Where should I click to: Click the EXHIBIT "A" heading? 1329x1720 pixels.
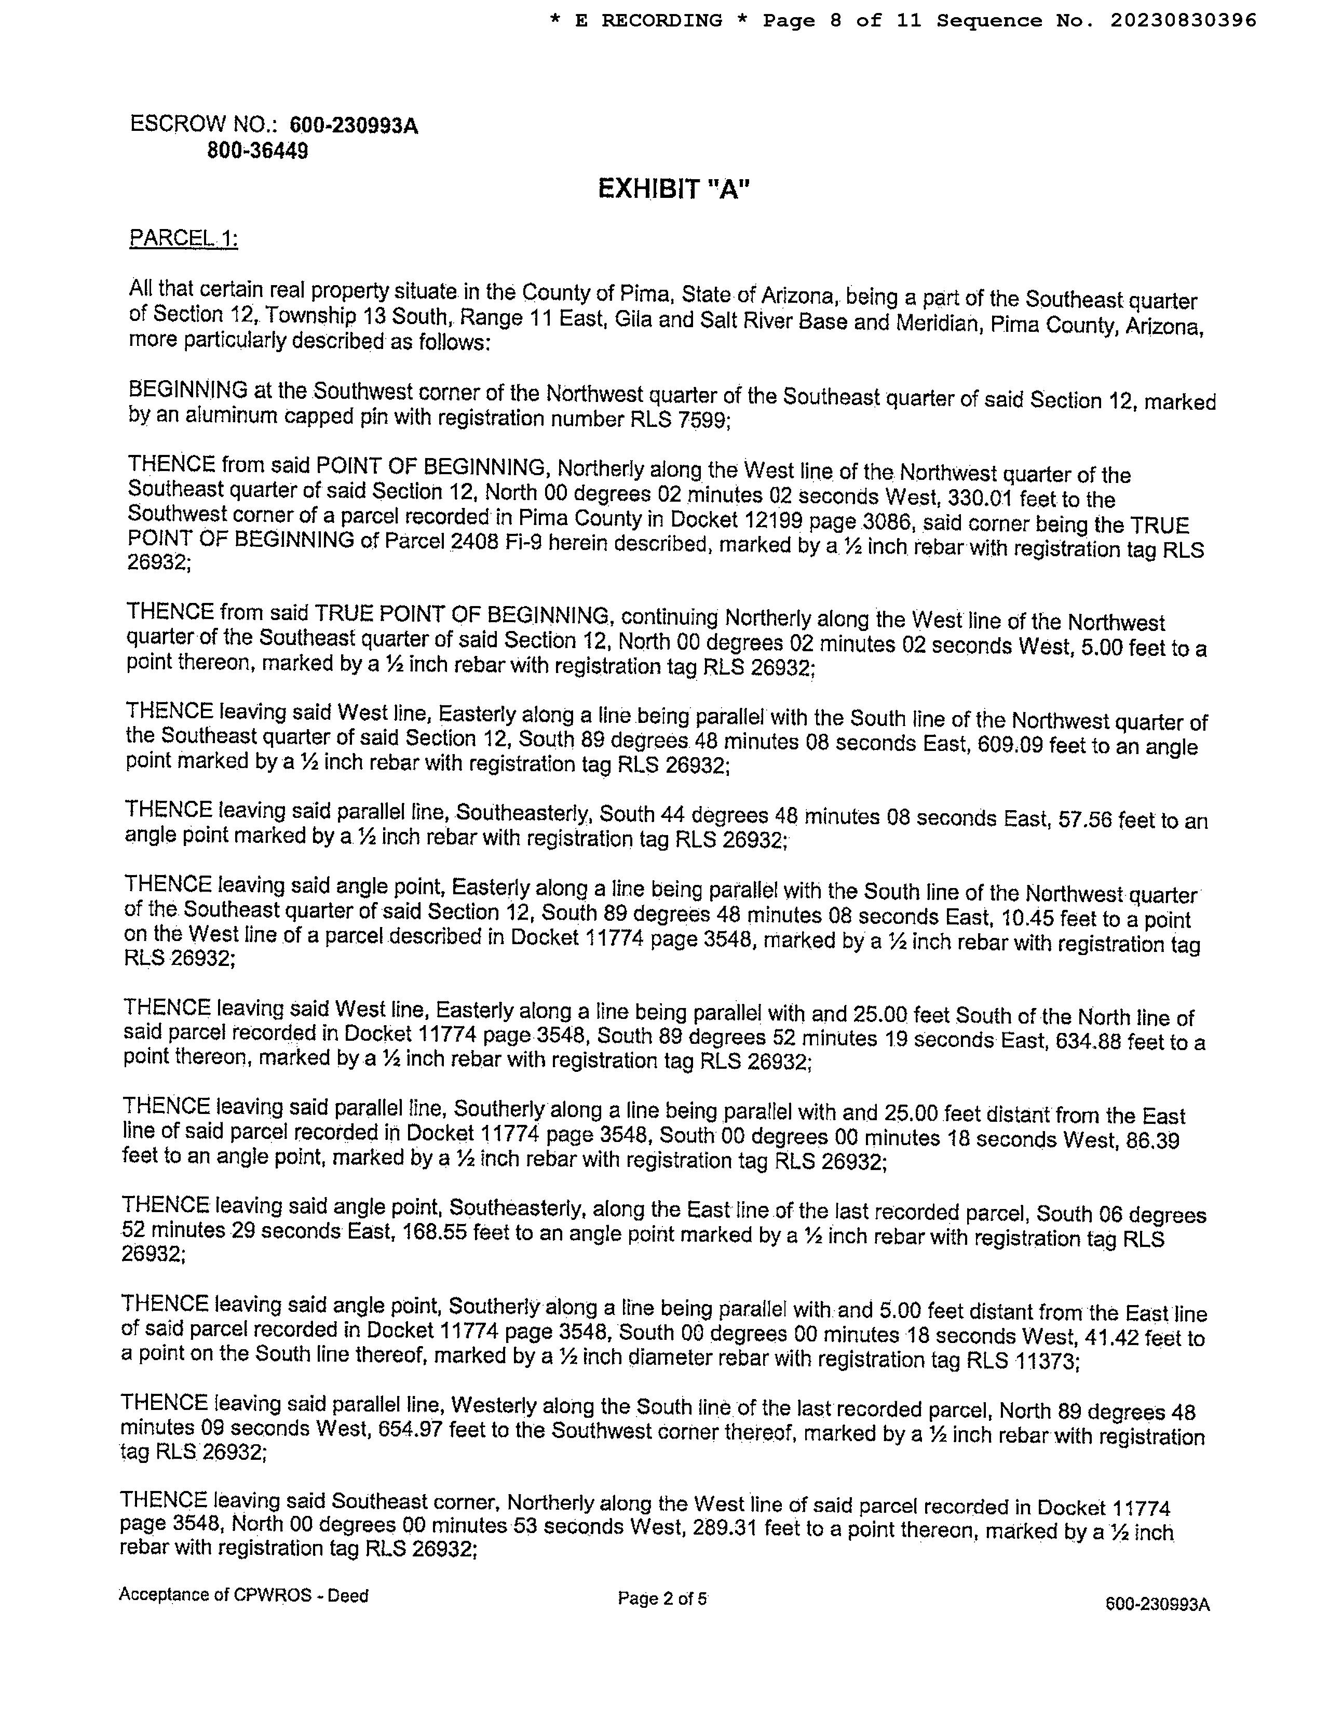pyautogui.click(x=673, y=190)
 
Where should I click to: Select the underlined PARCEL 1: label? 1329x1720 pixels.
pyautogui.click(x=183, y=238)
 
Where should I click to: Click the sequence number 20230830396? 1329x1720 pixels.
pyautogui.click(x=1183, y=20)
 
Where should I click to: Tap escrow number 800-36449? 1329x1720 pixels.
pyautogui.click(x=257, y=151)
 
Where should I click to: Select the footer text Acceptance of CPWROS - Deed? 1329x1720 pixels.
pyautogui.click(x=243, y=1595)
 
